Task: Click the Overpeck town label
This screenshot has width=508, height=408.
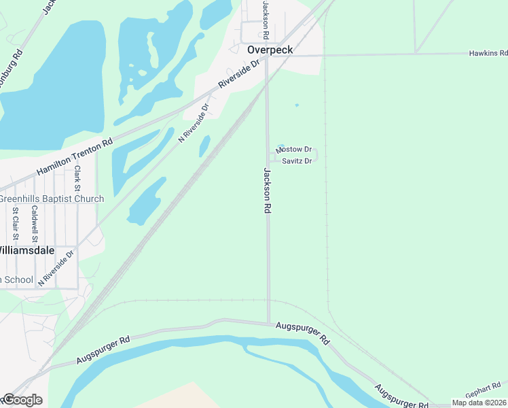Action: (269, 50)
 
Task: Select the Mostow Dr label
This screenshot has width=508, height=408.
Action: (293, 149)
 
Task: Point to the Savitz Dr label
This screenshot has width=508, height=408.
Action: (297, 161)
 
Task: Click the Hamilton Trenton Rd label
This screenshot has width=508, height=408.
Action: (74, 158)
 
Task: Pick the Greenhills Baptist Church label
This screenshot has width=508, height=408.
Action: (52, 199)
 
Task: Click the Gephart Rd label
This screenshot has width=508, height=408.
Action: (482, 394)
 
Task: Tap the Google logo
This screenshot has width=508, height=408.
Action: (22, 400)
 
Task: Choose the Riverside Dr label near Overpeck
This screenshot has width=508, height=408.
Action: (239, 74)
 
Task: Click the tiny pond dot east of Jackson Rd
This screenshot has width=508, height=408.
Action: (296, 105)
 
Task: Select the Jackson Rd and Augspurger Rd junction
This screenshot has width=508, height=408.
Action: (268, 324)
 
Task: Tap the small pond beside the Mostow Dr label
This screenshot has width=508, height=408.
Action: (280, 144)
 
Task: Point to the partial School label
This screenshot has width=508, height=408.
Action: (16, 279)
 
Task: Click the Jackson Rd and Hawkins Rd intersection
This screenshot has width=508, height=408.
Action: (266, 55)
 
